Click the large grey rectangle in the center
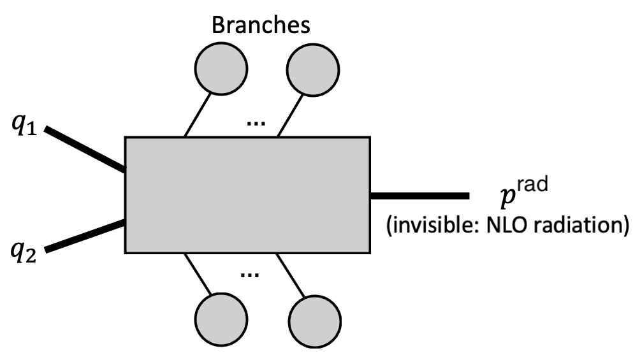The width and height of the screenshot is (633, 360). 247,194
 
